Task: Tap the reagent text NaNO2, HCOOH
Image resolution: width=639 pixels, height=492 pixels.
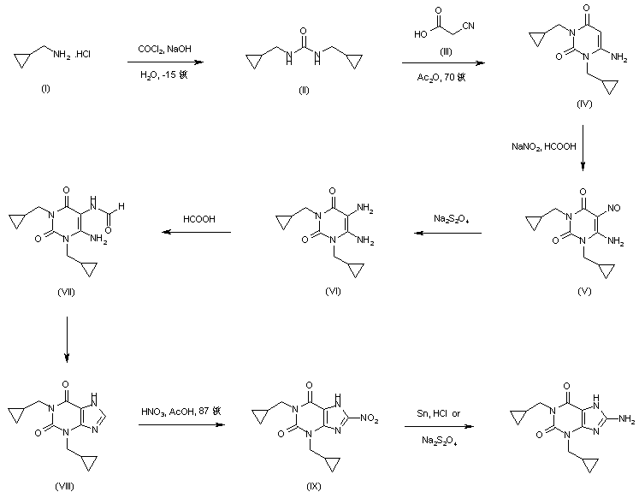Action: click(x=538, y=149)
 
